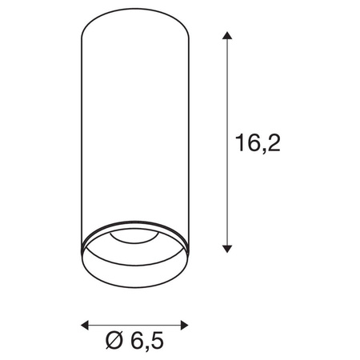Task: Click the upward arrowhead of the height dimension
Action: click(228, 37)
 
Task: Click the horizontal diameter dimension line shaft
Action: click(135, 325)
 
